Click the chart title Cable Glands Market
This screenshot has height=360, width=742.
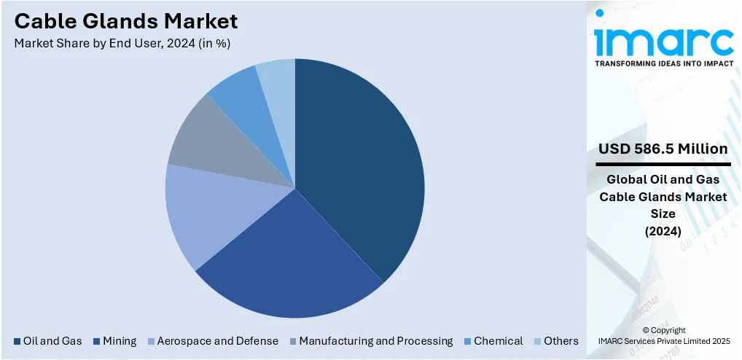pyautogui.click(x=125, y=20)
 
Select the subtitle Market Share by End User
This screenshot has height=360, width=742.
pyautogui.click(x=122, y=43)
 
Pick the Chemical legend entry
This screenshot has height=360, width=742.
pyautogui.click(x=498, y=341)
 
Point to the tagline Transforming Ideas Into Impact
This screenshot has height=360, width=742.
pyautogui.click(x=664, y=63)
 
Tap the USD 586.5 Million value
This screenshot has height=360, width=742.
pyautogui.click(x=663, y=149)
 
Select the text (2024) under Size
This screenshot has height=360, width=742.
pyautogui.click(x=663, y=232)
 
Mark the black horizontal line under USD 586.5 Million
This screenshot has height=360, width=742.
pyautogui.click(x=663, y=164)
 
